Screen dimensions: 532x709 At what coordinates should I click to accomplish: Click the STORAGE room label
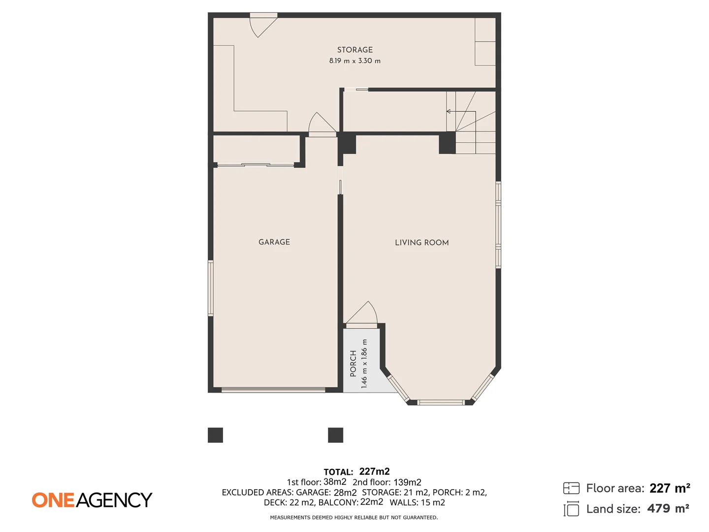coord(354,50)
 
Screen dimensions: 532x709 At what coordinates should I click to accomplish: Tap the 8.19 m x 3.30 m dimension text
coord(354,61)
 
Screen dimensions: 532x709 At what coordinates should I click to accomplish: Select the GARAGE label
coord(274,242)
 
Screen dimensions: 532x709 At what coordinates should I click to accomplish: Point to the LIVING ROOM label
coord(421,242)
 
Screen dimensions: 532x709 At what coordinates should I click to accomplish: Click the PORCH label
coord(353,364)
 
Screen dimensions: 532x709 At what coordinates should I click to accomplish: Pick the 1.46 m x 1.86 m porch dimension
coord(364,364)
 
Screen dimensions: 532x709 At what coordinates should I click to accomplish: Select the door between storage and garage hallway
coord(321,124)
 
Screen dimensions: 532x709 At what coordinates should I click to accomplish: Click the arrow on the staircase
coord(449,112)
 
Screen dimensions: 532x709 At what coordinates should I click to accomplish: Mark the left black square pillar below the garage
coord(215,435)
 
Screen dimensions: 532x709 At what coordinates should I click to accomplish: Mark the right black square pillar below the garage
coord(335,435)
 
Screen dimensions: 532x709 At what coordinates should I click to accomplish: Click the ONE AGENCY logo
coord(92,500)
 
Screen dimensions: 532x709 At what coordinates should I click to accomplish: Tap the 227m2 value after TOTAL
coord(374,471)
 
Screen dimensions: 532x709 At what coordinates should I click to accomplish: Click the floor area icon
coord(571,488)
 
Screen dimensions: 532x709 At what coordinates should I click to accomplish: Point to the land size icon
coord(571,509)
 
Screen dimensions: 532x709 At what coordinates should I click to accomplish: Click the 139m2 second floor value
coord(407,482)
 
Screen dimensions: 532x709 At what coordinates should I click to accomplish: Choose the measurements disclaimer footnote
coord(354,517)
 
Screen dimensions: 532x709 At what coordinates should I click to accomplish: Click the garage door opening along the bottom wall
coord(273,390)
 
